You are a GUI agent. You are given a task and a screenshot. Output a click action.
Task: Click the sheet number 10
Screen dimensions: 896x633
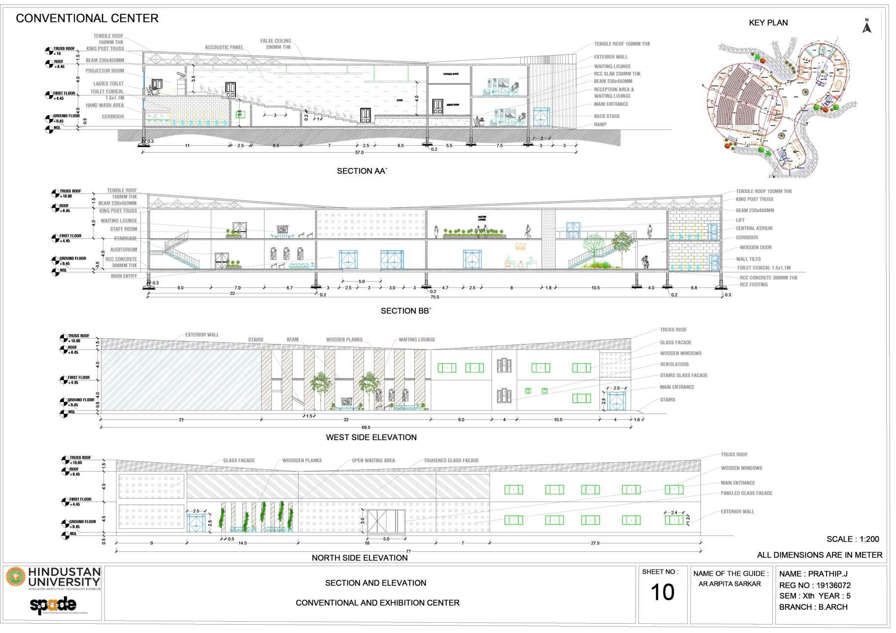tap(662, 592)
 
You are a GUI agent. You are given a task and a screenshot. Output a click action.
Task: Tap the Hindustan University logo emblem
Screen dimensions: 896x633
tap(15, 577)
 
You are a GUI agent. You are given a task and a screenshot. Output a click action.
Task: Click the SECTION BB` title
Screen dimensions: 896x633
tap(406, 311)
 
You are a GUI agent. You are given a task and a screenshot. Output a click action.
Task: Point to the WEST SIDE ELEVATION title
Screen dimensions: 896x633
tap(371, 437)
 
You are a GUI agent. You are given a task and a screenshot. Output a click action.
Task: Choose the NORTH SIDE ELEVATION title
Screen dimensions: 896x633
tap(360, 558)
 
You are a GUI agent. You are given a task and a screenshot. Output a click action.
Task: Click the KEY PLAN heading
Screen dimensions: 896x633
tap(768, 23)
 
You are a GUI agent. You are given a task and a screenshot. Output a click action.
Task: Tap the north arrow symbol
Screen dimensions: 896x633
tap(867, 27)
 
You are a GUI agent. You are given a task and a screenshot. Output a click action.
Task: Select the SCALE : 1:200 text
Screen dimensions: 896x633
tap(853, 539)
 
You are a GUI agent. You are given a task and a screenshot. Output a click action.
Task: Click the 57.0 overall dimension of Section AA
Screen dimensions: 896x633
tap(359, 153)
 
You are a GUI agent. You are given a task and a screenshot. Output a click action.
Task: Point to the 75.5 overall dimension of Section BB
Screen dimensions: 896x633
tap(434, 297)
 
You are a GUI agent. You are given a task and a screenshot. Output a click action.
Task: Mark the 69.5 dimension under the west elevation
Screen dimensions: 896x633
tap(365, 428)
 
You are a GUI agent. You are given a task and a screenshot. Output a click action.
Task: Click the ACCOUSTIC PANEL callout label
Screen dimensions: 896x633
tap(224, 47)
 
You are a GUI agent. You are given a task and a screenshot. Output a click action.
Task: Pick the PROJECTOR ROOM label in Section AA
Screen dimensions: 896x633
tap(104, 71)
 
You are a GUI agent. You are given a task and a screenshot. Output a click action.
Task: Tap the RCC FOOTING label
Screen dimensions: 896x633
tap(753, 285)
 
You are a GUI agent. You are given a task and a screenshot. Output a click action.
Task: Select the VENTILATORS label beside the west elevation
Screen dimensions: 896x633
tap(674, 364)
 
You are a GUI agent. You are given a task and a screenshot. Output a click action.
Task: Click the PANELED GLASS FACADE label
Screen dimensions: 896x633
tap(746, 493)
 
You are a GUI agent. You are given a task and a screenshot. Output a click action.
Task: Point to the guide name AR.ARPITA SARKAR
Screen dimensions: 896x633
tap(729, 584)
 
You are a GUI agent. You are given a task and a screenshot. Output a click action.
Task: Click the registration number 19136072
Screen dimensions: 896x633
tap(833, 585)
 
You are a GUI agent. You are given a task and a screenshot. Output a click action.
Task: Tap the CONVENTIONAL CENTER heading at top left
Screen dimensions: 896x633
tap(87, 19)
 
